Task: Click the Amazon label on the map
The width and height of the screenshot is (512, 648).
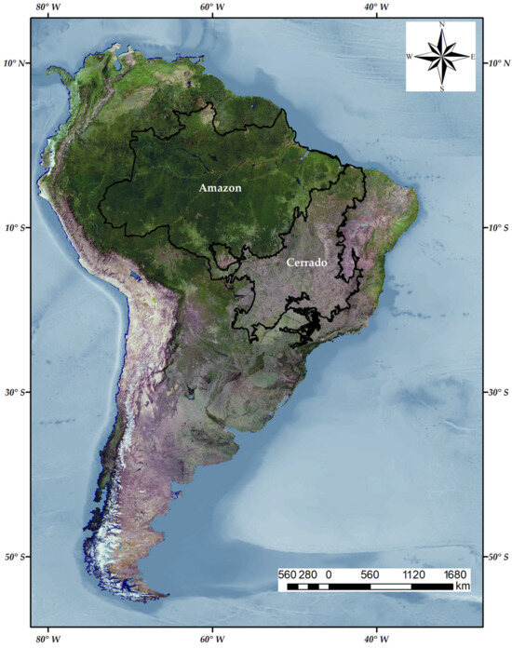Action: coord(220,188)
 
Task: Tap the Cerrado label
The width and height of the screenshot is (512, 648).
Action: coord(306,263)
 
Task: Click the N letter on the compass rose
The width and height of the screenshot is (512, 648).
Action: coord(441,25)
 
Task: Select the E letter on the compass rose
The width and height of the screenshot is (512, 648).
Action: coord(473,57)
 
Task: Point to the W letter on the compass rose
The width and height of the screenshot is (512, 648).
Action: coord(410,57)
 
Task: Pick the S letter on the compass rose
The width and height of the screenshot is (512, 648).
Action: coord(441,88)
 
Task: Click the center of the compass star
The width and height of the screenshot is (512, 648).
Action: coord(441,57)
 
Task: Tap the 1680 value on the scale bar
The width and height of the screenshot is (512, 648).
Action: coord(455,574)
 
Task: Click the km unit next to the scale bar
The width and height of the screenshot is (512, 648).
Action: coord(463,587)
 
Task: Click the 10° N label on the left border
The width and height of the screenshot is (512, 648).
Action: coord(16,63)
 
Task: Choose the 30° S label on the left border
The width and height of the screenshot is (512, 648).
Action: coord(16,392)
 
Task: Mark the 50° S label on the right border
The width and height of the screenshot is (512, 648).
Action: coord(497,557)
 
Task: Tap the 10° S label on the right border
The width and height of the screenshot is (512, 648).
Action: coord(497,228)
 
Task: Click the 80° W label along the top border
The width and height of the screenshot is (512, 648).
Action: coord(48,7)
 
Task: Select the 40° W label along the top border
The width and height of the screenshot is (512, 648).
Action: coord(375,7)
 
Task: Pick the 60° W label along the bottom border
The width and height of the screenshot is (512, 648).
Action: coord(212,639)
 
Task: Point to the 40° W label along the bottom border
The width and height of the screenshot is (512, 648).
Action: coord(375,639)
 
